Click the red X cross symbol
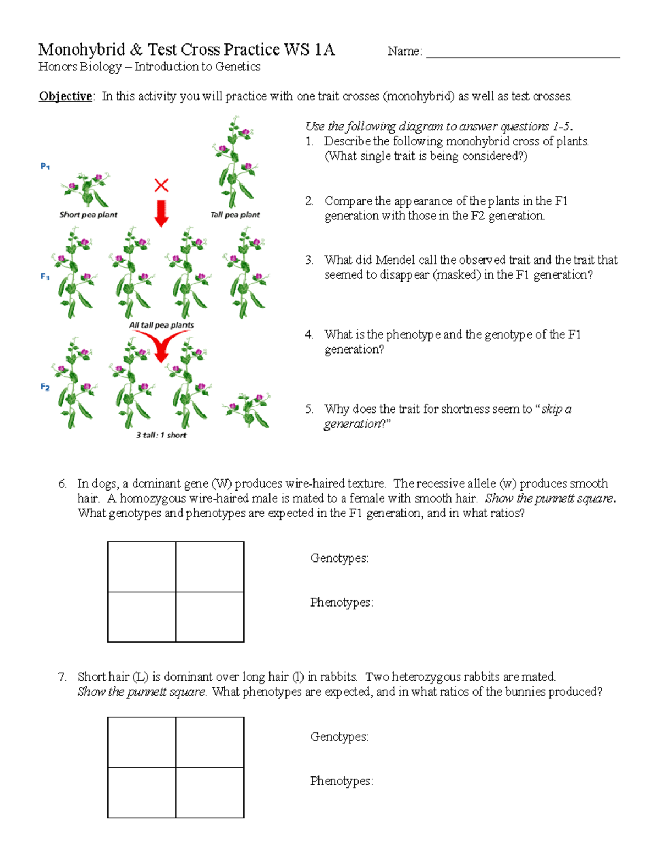click(x=161, y=185)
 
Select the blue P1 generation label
click(x=46, y=166)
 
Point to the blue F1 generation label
click(x=45, y=277)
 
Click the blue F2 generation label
click(x=45, y=387)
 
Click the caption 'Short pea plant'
click(x=89, y=215)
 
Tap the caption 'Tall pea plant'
click(x=235, y=215)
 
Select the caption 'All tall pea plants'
click(x=161, y=325)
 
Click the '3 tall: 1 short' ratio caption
click(x=161, y=435)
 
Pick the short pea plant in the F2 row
click(x=246, y=410)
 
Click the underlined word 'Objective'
click(x=65, y=96)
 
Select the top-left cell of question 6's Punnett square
click(x=142, y=566)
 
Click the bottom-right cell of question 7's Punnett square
click(x=210, y=792)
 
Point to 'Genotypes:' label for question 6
click(x=339, y=558)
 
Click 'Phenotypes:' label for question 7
click(x=341, y=781)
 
